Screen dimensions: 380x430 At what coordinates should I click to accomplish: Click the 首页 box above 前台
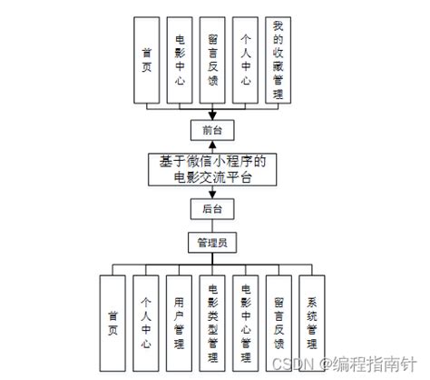147,61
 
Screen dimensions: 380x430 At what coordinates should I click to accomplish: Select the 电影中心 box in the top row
180,61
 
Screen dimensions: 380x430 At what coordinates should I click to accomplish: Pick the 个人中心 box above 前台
244,61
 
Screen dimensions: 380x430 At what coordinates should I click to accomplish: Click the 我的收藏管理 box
277,61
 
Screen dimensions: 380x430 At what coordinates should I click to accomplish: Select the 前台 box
211,129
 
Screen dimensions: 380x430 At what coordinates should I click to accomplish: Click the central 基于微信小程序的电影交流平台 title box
211,170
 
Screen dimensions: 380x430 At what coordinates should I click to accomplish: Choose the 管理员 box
211,243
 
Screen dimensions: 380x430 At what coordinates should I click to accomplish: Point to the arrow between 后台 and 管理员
211,226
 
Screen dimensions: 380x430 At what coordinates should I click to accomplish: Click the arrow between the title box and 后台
211,194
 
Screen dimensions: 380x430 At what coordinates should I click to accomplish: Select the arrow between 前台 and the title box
211,145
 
